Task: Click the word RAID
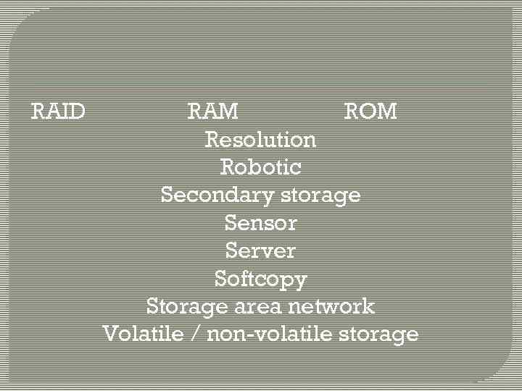click(58, 112)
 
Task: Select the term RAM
click(212, 112)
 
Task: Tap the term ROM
click(370, 112)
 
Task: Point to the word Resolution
click(260, 139)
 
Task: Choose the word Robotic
click(260, 167)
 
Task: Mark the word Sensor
click(260, 223)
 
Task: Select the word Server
click(260, 251)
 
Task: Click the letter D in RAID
click(78, 112)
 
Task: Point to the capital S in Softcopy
click(220, 279)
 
